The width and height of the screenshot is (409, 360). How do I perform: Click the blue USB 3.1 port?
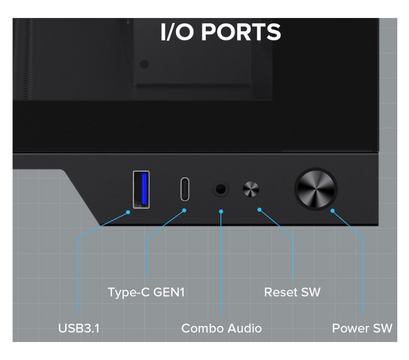[141, 189]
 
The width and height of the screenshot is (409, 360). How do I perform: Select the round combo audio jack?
[221, 189]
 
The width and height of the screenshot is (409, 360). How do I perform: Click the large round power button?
[316, 189]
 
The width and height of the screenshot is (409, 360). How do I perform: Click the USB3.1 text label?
[78, 328]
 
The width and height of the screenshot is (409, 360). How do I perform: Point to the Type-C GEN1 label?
[146, 292]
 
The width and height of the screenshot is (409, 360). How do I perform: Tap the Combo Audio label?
[221, 328]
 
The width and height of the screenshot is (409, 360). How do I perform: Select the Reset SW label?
[292, 292]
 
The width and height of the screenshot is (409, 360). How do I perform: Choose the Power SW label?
[362, 328]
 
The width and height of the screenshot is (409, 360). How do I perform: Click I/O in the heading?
[178, 32]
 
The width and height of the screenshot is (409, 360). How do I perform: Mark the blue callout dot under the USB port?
[128, 212]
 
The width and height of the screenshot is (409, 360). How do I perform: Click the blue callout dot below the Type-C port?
[185, 210]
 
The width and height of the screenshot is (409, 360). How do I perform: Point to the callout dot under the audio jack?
[221, 212]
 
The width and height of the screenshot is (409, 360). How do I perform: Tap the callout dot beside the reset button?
[260, 210]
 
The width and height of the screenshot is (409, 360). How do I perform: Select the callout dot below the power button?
[333, 211]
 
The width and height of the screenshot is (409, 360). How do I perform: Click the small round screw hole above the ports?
[144, 64]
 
